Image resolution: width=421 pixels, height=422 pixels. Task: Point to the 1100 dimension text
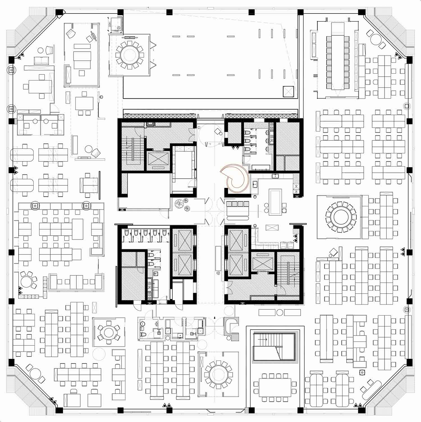tap(116, 31)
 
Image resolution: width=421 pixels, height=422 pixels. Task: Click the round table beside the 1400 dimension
tap(129, 55)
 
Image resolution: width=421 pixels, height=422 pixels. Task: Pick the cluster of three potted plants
tap(182, 204)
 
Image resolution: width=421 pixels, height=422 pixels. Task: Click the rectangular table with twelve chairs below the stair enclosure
tap(275, 387)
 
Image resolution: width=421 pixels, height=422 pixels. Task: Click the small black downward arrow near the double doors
tap(215, 318)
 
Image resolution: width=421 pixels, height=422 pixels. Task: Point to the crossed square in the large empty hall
tap(288, 92)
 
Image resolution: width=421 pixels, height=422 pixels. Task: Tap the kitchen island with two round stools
tap(275, 202)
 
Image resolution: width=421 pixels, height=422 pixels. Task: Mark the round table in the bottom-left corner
tap(35, 374)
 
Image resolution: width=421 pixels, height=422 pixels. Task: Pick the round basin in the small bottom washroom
tap(142, 324)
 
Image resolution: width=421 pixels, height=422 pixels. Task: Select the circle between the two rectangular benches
tap(279, 312)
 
